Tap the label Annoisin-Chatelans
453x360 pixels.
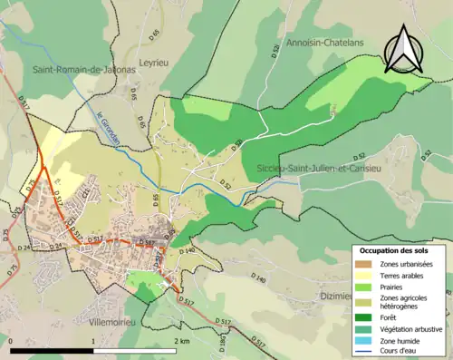tap(324, 43)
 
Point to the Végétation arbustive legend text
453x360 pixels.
tap(413, 327)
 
